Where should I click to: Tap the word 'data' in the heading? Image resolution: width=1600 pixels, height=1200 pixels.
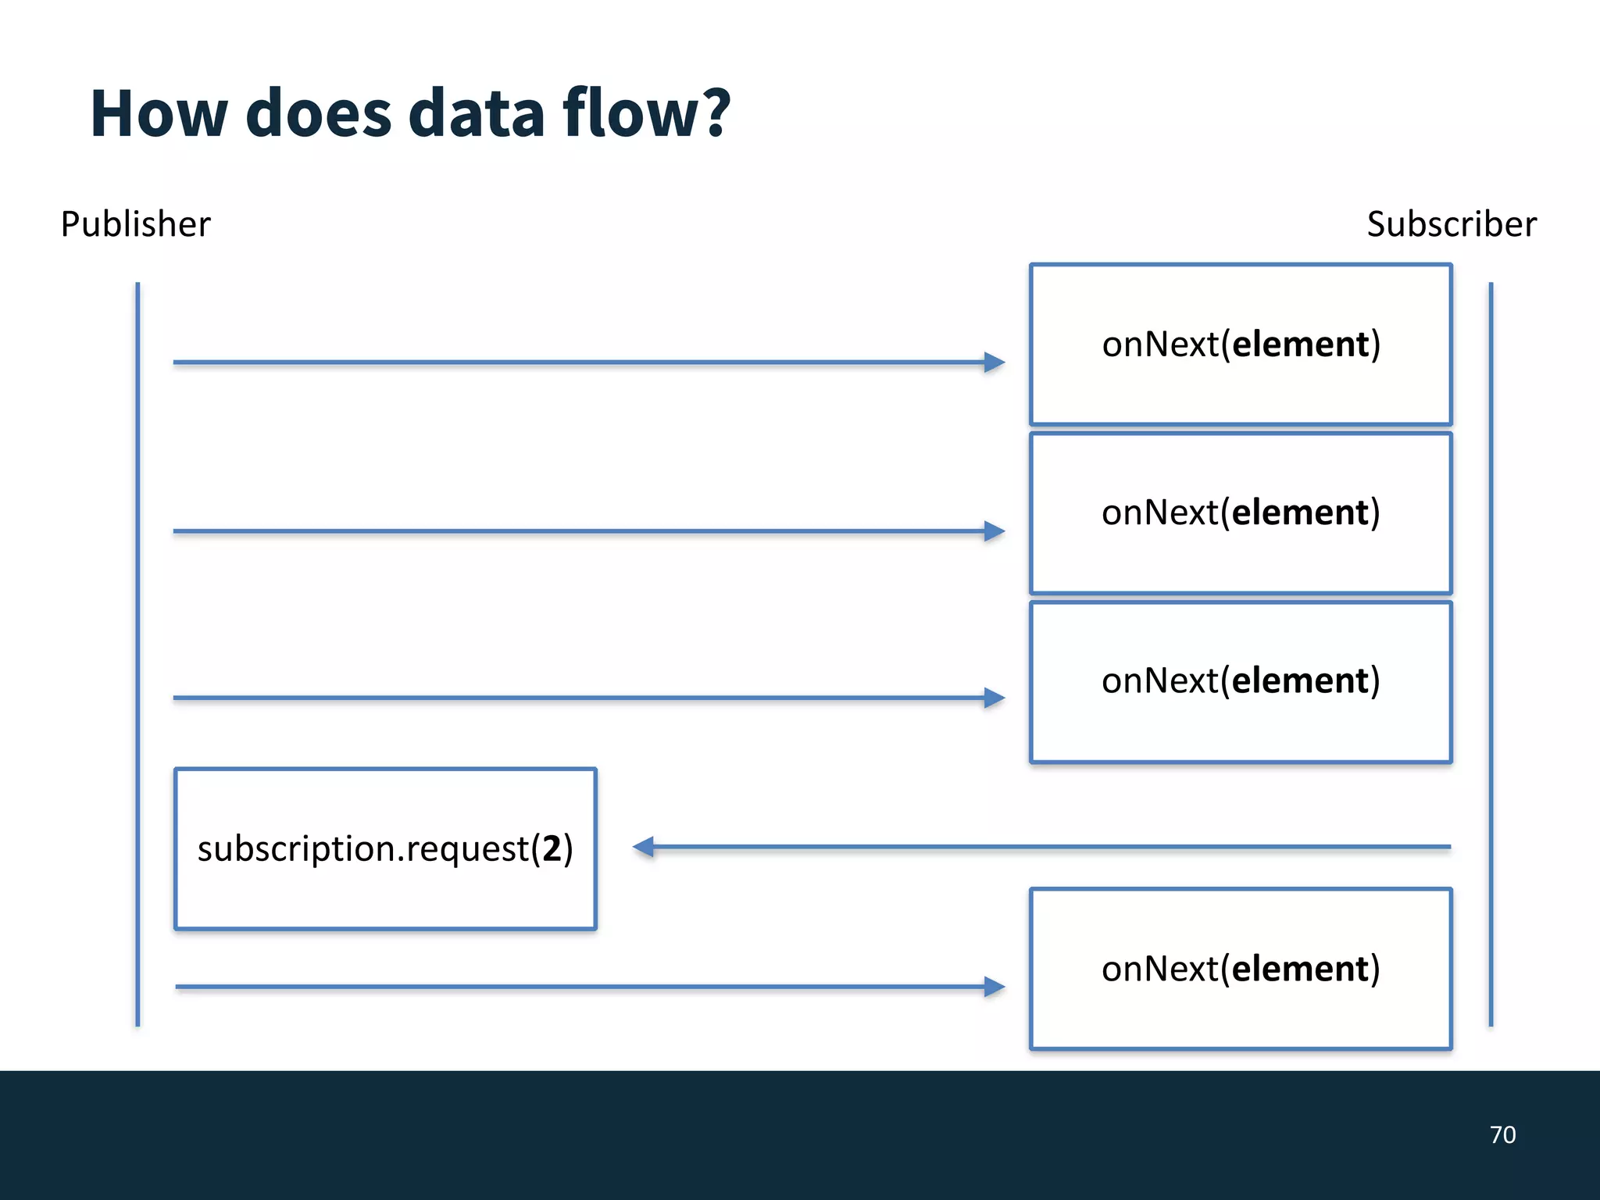click(476, 114)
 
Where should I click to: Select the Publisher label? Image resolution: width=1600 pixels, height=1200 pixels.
click(135, 224)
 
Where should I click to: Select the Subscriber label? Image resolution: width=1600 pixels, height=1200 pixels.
click(1451, 224)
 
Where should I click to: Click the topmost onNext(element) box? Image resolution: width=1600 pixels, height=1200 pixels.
click(1240, 345)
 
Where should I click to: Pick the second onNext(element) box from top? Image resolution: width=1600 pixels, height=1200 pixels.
click(1240, 513)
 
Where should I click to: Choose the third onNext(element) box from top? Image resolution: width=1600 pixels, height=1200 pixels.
click(1240, 681)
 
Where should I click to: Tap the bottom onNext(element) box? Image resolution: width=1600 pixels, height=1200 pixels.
click(1240, 969)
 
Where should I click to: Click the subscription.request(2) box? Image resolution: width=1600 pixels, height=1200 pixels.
click(385, 849)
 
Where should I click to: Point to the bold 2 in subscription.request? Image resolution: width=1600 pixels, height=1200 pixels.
click(552, 848)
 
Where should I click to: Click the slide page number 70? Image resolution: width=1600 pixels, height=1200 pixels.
click(1502, 1134)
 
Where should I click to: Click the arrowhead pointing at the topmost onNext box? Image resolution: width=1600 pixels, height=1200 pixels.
click(994, 362)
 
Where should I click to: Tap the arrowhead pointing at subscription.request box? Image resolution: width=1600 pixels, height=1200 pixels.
click(644, 847)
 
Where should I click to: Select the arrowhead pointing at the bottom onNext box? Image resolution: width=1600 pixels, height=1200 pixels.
click(994, 987)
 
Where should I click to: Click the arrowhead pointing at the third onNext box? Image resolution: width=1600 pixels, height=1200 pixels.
click(994, 698)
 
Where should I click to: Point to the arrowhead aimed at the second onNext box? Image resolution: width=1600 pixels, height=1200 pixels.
click(994, 531)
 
